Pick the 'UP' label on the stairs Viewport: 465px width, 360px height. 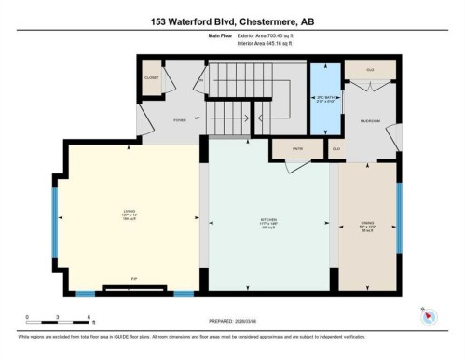click(198, 118)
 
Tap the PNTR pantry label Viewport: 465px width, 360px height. click(287, 146)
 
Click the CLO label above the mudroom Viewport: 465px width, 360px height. click(370, 71)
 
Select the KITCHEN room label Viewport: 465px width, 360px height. click(269, 223)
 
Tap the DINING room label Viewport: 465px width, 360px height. click(367, 223)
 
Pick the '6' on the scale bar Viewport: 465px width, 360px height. click(88, 317)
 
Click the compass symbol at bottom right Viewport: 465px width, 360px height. click(428, 315)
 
